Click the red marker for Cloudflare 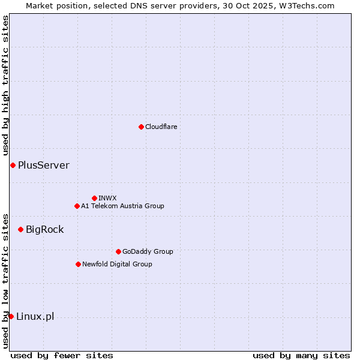[141, 127]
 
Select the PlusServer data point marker [13, 165]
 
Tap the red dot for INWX [94, 198]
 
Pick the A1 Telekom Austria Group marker [77, 206]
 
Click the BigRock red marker [20, 229]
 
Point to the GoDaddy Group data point [118, 251]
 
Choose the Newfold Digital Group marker [78, 264]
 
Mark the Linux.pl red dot [11, 316]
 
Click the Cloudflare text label [161, 127]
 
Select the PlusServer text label [43, 165]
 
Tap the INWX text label [107, 198]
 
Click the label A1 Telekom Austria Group [122, 206]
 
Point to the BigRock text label [44, 229]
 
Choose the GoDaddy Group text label [148, 251]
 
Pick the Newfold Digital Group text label [117, 264]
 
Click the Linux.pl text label [35, 316]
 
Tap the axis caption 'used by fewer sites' [62, 355]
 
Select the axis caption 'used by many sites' [301, 355]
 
